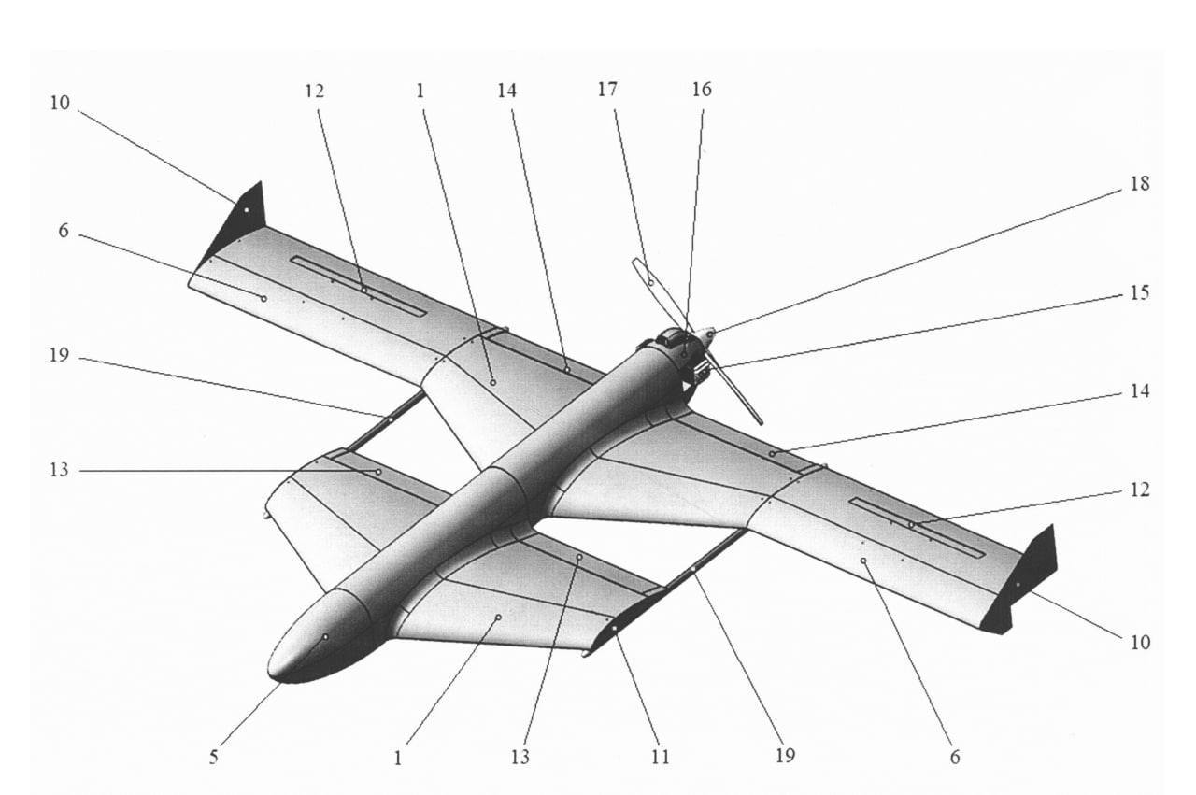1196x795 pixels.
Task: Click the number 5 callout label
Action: [213, 757]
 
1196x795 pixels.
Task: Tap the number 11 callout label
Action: [660, 757]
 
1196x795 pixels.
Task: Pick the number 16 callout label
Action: [701, 90]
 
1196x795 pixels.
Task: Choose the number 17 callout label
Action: [607, 90]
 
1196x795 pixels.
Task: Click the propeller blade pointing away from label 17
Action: [738, 392]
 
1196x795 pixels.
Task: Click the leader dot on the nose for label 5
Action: [325, 636]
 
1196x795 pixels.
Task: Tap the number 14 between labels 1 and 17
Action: [506, 90]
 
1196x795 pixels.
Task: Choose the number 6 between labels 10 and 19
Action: [64, 231]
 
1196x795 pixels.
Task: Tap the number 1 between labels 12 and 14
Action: [420, 90]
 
